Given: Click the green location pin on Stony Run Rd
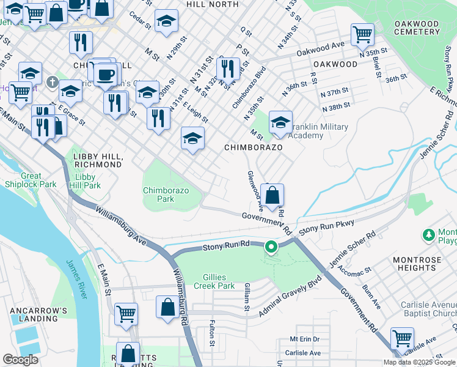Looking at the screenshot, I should tap(271, 247).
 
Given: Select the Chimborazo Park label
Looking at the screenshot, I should tap(167, 195).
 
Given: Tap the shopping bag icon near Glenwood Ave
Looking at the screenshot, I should tap(273, 196).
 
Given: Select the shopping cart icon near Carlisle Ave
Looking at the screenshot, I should tap(402, 338).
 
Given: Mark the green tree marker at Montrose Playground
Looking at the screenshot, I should tap(428, 234).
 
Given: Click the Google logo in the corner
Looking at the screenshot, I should tap(21, 360).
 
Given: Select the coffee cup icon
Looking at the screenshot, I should tap(106, 75).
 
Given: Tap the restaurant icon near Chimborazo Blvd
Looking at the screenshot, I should tap(227, 69).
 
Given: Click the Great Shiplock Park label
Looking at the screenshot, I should tap(31, 180).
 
